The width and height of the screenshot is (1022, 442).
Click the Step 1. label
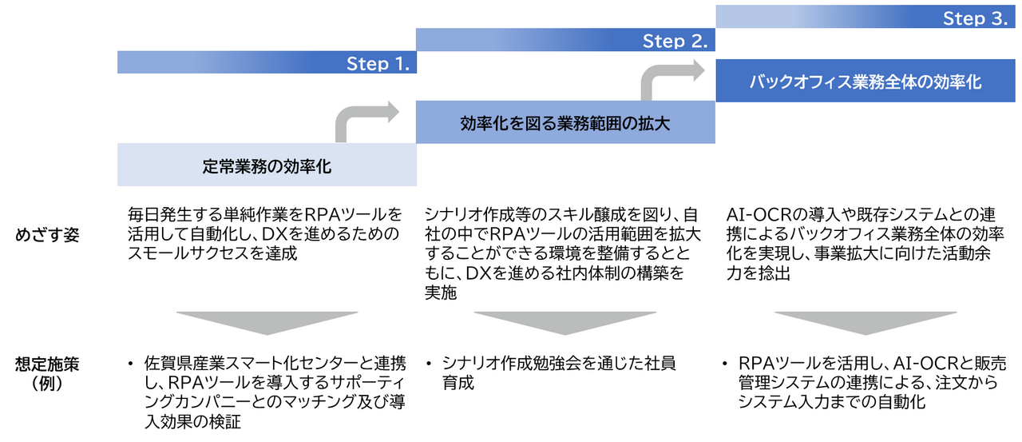tap(378, 64)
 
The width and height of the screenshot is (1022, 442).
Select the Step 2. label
tap(675, 41)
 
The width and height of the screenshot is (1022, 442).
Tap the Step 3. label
tap(974, 18)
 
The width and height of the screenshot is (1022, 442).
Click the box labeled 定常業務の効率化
tap(267, 167)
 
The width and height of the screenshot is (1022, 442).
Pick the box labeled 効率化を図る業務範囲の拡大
tap(564, 123)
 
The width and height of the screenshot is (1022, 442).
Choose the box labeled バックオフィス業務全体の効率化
tap(866, 82)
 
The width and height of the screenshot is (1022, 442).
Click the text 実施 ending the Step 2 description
tap(442, 293)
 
